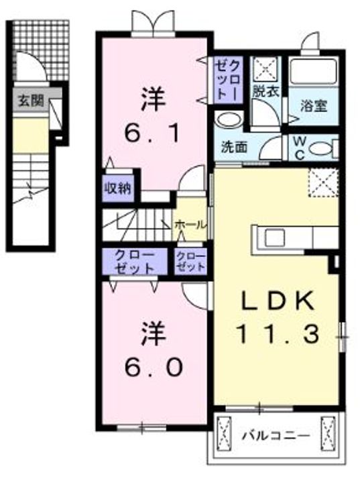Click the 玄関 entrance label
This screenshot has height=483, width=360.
coord(30,101)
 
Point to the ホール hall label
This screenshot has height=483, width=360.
coord(190,225)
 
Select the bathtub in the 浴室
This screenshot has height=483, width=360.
coord(313,74)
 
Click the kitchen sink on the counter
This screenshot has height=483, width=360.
coord(276,237)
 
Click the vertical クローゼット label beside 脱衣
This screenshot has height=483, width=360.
coord(225,80)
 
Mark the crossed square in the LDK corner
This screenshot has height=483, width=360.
coord(321,180)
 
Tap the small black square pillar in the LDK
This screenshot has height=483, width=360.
coord(333,263)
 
